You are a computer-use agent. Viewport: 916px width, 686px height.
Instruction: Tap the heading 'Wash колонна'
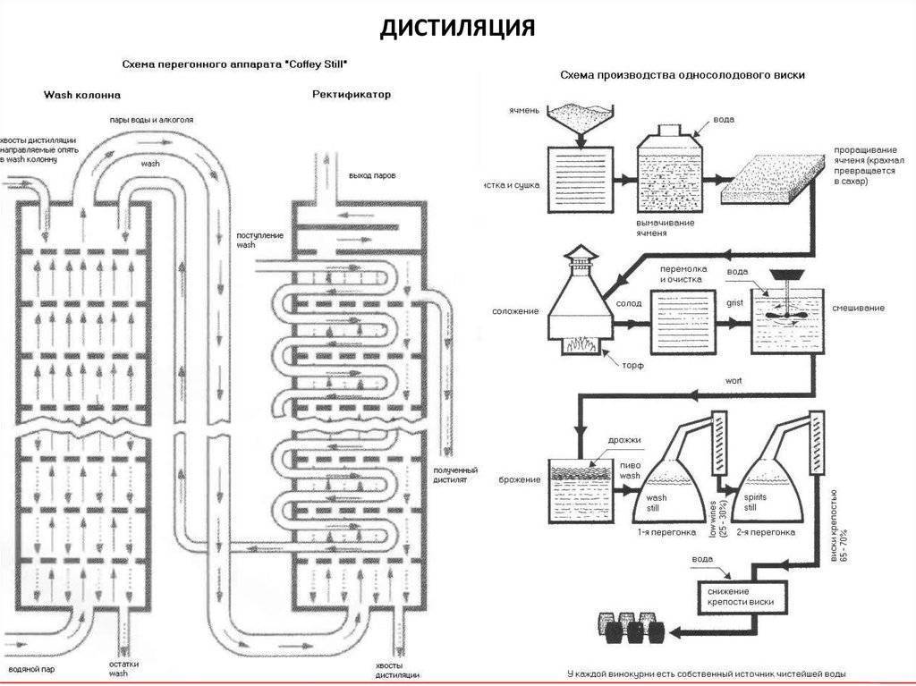click(x=82, y=94)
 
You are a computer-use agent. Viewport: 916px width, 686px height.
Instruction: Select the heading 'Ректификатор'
click(x=352, y=94)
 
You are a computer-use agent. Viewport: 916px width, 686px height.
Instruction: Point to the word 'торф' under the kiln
click(x=633, y=366)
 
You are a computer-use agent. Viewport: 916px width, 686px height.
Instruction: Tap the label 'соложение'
click(x=514, y=311)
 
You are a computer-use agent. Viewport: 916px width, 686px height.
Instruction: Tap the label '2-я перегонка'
click(x=765, y=532)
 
